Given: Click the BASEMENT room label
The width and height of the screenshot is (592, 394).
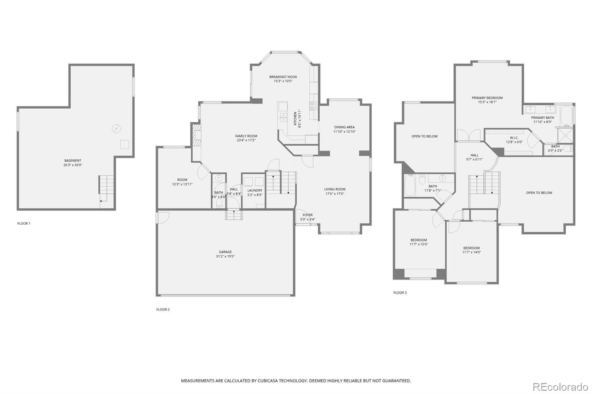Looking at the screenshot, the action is coord(73,160).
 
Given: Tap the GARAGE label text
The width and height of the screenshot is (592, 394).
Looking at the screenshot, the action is coord(225,252).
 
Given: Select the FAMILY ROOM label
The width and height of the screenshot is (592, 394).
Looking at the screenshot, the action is coord(246,136).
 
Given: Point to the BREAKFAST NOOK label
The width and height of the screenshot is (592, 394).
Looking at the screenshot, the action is coord(283,77).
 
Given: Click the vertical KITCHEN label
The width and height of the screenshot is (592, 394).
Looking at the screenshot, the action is coord(295,119).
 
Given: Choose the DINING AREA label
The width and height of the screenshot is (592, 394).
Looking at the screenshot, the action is coord(344,127).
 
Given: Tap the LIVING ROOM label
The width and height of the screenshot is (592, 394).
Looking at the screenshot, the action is coord(334,189).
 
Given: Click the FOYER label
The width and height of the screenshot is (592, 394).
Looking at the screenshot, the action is coord(307,215).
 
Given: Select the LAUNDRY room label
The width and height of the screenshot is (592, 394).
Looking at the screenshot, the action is coord(255,190).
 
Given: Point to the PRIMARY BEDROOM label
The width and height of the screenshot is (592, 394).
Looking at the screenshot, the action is coord(487,98).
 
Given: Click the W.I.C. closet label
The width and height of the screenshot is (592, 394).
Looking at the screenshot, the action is coord(514,138).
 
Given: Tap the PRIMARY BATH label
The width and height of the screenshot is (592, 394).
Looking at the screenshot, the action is coord(542,118).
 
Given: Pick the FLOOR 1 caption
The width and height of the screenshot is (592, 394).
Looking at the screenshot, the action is coord(24,223).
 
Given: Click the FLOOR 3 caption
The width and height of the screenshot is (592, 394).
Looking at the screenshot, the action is coord(400,293).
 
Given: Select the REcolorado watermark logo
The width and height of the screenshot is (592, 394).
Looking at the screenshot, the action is coord(560,387).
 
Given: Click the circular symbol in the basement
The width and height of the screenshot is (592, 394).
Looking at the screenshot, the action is coord(116,129).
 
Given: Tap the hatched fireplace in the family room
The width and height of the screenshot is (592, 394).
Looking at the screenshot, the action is coord(196,135).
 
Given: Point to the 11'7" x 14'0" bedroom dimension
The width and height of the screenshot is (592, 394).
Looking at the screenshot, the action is coord(471,252).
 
